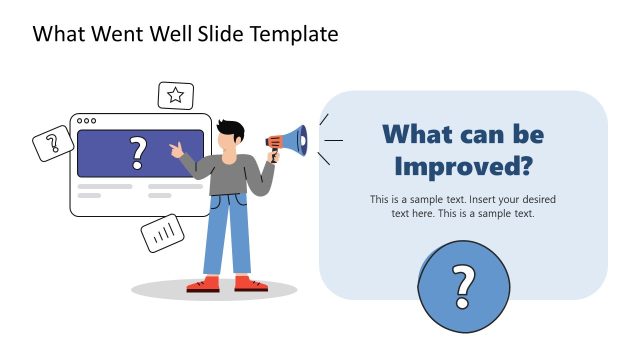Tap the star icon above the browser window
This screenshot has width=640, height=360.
point(176,96)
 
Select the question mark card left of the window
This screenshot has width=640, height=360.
point(53,145)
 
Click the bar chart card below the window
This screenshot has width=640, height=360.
point(163,234)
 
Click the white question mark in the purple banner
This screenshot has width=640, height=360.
point(139,153)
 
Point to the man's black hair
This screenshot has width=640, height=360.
point(231,129)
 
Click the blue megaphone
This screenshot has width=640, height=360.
point(291,142)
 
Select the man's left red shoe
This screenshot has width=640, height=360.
point(204,284)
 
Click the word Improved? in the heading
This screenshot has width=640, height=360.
point(462,165)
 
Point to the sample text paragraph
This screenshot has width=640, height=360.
point(462,206)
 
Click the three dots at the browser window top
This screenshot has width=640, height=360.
point(87,120)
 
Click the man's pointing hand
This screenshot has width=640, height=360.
point(177,150)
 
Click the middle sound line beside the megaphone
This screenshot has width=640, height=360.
point(333,140)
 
